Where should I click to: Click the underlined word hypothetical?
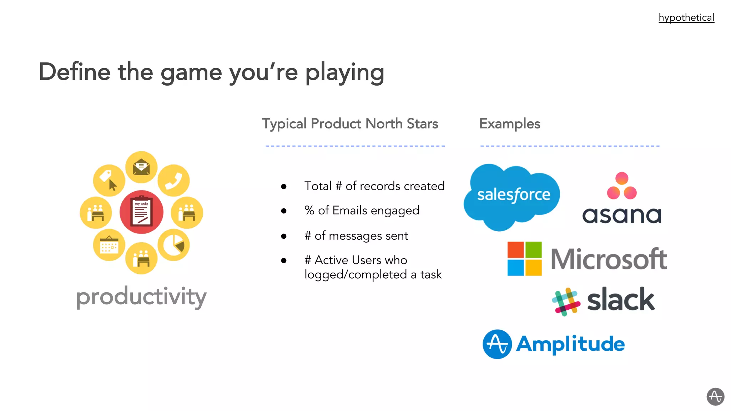coord(686,17)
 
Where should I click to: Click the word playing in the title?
coord(344,72)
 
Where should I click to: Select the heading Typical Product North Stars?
coord(350,124)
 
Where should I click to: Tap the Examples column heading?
coord(509,124)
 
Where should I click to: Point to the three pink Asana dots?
coord(622,186)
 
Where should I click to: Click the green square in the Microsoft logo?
coord(534,250)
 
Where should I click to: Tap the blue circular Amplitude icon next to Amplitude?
coord(497,344)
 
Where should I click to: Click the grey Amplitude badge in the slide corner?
coord(715,396)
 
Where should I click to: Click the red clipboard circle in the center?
coord(141,212)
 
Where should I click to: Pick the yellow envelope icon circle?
coord(141,167)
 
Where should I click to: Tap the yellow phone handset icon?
coord(174,181)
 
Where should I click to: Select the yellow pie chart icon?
coord(174,245)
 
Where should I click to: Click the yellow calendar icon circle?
coord(109,245)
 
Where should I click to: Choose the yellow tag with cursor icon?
coord(109,181)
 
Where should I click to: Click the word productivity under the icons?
coord(141,297)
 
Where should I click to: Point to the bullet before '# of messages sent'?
coord(284,236)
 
